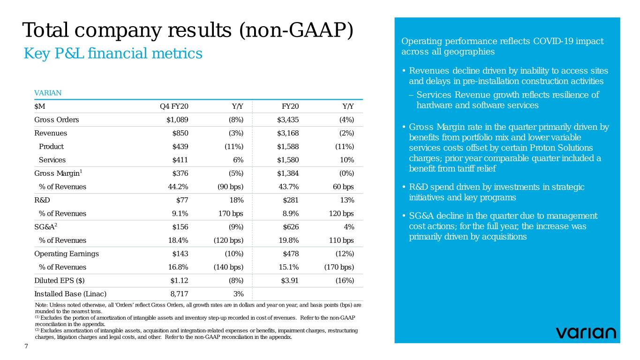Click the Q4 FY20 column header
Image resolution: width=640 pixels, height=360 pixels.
(x=174, y=106)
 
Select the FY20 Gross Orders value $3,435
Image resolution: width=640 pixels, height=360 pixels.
(x=287, y=120)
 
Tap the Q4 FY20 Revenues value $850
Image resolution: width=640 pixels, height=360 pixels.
(x=180, y=133)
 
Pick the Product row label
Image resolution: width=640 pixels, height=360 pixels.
(x=52, y=146)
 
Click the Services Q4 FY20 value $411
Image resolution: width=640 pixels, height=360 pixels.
(x=181, y=160)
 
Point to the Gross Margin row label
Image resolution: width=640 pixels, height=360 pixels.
(x=57, y=173)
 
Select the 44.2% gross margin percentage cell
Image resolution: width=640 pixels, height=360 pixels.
(x=178, y=187)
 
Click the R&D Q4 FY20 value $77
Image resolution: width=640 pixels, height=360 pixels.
(x=182, y=200)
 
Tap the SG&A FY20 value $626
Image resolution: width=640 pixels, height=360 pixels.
(x=291, y=227)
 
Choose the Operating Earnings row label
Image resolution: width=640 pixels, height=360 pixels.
(x=67, y=254)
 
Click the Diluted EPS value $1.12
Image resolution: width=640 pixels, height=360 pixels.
(x=179, y=281)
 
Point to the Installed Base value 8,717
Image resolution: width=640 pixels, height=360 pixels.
(x=178, y=294)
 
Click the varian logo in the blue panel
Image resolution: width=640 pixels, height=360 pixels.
(x=586, y=333)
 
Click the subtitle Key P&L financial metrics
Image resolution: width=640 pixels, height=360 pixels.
(x=113, y=54)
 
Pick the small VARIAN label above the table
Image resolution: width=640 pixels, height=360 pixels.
(x=48, y=92)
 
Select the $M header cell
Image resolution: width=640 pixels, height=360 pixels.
(x=40, y=106)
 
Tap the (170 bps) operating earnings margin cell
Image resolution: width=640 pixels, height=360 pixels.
(x=339, y=267)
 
